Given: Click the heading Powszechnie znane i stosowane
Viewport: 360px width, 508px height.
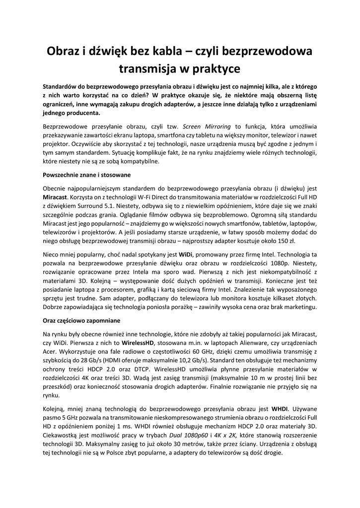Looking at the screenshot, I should point(87,176).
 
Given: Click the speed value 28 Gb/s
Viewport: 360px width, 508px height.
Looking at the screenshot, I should point(87,361).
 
